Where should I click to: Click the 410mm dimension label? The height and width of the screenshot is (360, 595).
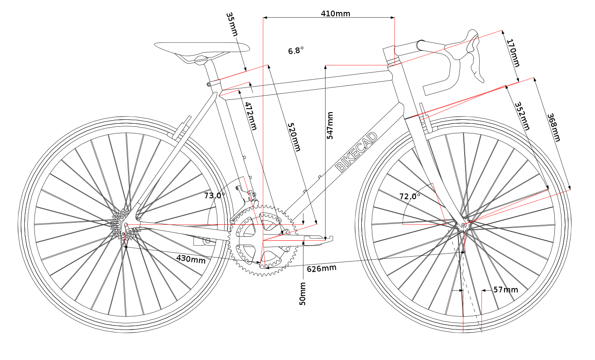point(335,14)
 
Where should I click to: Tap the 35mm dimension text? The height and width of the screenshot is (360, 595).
point(232,24)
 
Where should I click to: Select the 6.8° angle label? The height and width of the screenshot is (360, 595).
point(296,50)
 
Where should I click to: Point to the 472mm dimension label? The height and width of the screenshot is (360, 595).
point(251,116)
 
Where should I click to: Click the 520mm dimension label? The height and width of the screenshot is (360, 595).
point(294,137)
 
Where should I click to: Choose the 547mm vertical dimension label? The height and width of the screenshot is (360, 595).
point(330,125)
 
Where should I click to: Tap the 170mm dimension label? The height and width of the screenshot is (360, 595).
point(513,53)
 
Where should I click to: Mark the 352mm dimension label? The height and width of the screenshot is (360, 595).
point(522,116)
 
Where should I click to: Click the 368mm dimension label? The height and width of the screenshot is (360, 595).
point(554,128)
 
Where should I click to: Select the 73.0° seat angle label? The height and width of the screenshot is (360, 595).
point(215,196)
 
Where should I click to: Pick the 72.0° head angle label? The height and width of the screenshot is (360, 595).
point(410,196)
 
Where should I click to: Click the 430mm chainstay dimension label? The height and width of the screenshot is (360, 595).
point(191,259)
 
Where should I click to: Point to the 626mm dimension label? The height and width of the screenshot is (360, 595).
point(322,268)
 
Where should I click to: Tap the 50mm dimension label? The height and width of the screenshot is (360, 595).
point(303,294)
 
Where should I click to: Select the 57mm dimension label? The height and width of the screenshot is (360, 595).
point(506,290)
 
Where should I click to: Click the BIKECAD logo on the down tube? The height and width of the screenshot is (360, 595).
point(356,152)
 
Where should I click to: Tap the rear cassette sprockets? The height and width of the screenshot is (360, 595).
point(123,224)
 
